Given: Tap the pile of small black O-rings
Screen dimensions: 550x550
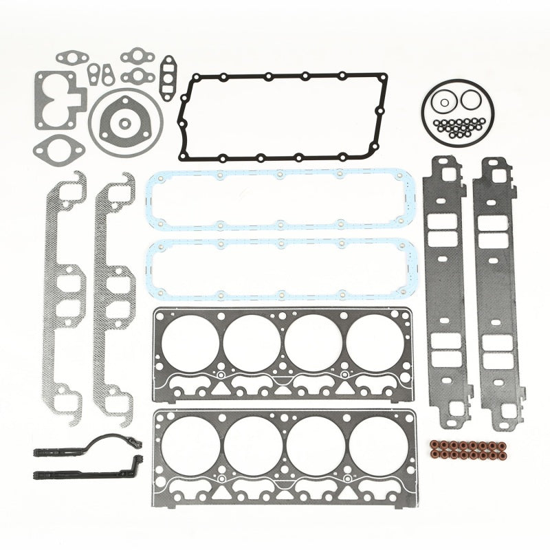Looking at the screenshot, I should [x=459, y=126].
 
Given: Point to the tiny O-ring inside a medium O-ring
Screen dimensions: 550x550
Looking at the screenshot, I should [x=445, y=103].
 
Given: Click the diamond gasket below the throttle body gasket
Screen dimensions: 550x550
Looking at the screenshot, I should [x=59, y=146].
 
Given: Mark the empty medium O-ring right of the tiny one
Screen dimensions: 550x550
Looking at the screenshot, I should [x=470, y=101].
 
